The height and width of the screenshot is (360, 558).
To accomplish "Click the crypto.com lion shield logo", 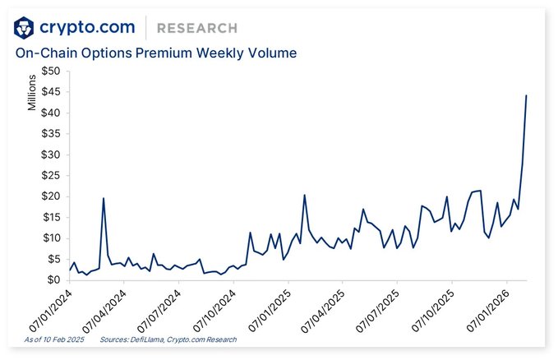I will point(25,27).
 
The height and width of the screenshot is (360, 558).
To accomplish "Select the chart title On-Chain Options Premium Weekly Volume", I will point(156,53).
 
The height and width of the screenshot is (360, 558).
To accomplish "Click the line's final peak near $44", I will point(526,96).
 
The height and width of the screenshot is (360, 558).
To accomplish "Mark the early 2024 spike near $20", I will point(104,198).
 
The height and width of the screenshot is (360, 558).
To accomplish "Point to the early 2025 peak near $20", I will point(304,196).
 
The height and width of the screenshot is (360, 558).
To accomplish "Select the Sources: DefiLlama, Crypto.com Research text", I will point(168,339).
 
